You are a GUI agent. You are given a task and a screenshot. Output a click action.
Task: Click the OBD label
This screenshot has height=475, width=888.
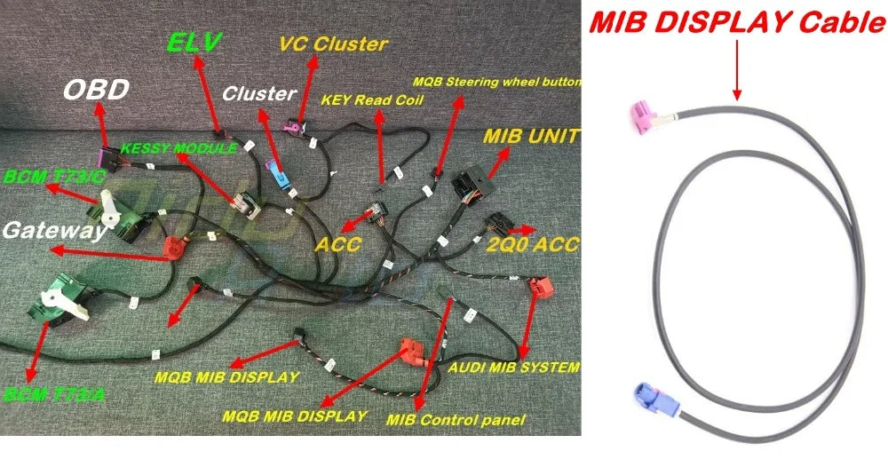(x=96, y=90)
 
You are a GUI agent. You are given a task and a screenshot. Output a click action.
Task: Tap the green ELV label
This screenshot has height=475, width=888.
(x=194, y=44)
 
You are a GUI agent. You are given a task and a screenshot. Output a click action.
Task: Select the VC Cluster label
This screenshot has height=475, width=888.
(x=334, y=44)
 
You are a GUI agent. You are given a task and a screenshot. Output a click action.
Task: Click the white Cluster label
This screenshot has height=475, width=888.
(x=259, y=93)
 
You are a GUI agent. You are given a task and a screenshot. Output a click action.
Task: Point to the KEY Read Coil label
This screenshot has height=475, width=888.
(x=372, y=100)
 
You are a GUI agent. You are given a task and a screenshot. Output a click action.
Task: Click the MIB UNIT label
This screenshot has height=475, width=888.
(x=531, y=137)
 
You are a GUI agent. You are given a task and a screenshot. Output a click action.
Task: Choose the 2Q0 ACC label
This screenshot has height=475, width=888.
(x=533, y=244)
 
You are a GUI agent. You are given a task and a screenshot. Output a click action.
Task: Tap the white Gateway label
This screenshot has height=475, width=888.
(x=54, y=231)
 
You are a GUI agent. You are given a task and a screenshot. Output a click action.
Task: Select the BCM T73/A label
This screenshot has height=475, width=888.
(x=54, y=394)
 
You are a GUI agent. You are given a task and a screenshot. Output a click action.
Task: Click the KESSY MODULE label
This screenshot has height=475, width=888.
(x=179, y=148)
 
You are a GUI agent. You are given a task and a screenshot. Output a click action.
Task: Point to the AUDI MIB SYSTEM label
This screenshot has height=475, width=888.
(x=514, y=368)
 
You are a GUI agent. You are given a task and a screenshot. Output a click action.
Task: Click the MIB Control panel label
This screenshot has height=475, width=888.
(x=456, y=420)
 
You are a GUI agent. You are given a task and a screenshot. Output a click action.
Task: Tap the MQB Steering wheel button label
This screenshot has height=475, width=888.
(x=497, y=82)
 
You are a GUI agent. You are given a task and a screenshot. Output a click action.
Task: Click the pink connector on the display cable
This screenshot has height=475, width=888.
(x=645, y=116)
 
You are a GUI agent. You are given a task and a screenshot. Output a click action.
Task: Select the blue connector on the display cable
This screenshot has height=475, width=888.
(x=650, y=399)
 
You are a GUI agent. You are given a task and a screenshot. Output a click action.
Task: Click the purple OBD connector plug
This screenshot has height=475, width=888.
(x=107, y=159)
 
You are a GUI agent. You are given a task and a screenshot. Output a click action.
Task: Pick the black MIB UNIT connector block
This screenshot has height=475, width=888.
(x=472, y=182)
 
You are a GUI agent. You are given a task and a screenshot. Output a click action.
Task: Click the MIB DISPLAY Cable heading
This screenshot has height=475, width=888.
(x=737, y=23)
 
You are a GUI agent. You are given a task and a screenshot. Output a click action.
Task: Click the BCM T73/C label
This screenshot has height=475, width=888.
(x=54, y=177)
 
